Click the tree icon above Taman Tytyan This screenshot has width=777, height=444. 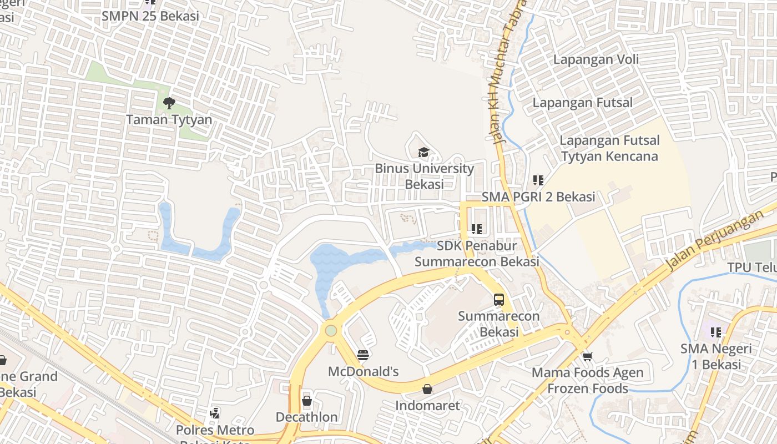pos(169,103)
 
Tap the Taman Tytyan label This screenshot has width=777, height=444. pos(169,119)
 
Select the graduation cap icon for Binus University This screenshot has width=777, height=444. pos(424,152)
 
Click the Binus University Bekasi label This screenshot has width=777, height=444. pos(424,176)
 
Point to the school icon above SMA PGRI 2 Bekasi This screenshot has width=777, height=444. pos(538,180)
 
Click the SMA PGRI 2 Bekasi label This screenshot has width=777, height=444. pos(538,197)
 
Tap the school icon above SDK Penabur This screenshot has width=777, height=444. pos(476,229)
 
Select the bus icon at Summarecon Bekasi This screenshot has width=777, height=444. pos(499,300)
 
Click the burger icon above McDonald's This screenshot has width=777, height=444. pos(363,355)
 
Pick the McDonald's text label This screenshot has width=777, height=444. pos(363,371)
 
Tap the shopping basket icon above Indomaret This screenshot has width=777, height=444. pos(427,389)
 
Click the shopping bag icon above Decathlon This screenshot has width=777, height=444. pos(307,401)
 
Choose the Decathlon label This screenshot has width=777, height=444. pos(307,417)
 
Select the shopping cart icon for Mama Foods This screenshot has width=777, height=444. pos(587,356)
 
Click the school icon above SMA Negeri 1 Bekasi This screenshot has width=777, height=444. pos(716,332)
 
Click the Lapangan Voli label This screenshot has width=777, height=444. pos(596,59)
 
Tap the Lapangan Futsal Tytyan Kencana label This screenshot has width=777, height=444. pos(609,148)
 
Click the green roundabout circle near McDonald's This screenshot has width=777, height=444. pos(331,331)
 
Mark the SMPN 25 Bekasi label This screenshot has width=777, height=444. pos(150,16)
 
